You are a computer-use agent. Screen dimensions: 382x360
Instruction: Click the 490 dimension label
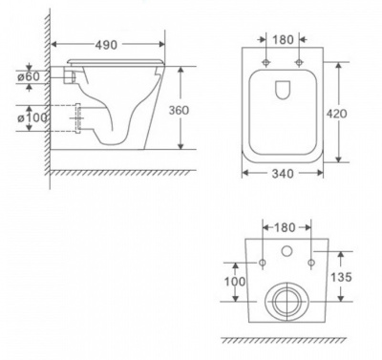106,45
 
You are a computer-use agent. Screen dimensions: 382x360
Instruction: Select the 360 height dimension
179,110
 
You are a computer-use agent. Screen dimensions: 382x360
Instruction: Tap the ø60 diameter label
29,76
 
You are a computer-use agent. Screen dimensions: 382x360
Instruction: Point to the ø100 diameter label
32,117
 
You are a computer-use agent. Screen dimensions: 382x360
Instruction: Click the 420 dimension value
336,114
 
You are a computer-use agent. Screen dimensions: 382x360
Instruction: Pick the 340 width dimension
283,174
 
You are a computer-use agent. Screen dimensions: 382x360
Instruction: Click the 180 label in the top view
283,40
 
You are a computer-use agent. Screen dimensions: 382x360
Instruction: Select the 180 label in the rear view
285,227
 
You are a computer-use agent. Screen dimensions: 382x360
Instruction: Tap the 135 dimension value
341,277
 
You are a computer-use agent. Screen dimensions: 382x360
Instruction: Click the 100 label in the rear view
235,282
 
